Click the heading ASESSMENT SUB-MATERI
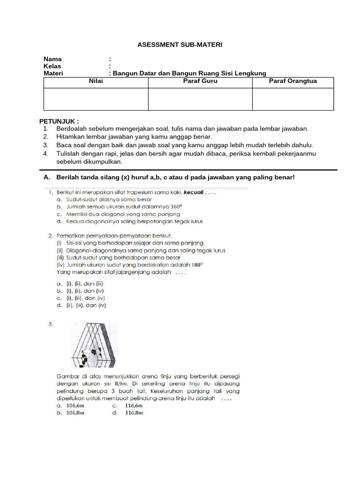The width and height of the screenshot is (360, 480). click(x=180, y=45)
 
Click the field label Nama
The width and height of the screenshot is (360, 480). click(x=52, y=59)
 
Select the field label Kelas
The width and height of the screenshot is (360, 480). click(x=52, y=66)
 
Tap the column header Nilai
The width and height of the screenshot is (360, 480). click(x=96, y=81)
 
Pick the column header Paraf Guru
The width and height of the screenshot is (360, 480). click(x=200, y=81)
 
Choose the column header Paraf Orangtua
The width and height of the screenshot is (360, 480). click(x=292, y=81)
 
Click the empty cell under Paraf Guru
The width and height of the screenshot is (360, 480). click(x=200, y=99)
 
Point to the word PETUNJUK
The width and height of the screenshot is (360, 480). click(x=59, y=120)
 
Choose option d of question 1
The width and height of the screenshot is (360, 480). click(x=129, y=221)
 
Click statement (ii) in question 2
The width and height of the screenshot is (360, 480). click(x=141, y=250)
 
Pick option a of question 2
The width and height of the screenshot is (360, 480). click(x=80, y=284)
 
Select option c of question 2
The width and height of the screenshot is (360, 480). click(x=81, y=298)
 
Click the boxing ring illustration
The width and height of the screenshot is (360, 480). click(x=94, y=345)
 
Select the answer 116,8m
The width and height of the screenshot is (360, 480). click(x=134, y=413)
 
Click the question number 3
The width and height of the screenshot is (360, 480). click(x=51, y=324)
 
